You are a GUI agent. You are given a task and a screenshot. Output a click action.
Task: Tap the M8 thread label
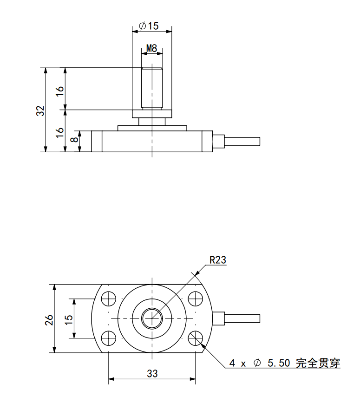152,48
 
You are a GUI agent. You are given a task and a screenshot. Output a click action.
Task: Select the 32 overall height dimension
40,110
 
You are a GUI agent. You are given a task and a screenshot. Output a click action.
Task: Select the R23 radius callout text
217,260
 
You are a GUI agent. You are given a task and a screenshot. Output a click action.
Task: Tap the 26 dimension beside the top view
49,319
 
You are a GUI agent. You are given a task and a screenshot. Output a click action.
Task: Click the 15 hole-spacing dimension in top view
69,319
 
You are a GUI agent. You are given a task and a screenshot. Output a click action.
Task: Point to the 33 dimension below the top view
152,374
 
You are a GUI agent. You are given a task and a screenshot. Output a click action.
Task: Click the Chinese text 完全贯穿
318,363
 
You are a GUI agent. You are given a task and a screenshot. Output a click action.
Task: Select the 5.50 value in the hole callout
278,363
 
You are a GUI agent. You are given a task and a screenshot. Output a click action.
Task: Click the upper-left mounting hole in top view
110,299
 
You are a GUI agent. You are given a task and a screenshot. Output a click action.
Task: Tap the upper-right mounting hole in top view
195,299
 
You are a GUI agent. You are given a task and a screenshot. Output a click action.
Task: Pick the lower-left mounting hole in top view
110,339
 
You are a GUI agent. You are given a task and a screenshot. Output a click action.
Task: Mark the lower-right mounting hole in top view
195,339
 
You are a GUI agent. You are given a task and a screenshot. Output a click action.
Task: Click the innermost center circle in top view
152,318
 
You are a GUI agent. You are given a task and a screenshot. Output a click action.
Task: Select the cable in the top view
242,318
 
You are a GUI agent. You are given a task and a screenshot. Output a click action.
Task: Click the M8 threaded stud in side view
152,88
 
